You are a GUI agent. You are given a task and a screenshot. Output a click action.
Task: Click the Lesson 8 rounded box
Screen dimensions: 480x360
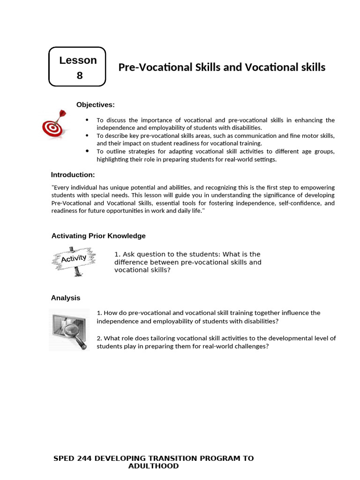[x=77, y=67]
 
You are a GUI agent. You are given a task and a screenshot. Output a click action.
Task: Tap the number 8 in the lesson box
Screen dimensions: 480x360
[x=79, y=75]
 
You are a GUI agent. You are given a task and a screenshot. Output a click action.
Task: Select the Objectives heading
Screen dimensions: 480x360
[x=95, y=105]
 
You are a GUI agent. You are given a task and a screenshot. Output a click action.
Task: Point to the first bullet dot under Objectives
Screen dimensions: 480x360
[x=88, y=120]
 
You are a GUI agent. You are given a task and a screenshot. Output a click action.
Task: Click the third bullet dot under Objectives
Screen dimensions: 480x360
[x=88, y=151]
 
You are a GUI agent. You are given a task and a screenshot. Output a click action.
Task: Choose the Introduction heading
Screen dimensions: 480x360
[x=73, y=175]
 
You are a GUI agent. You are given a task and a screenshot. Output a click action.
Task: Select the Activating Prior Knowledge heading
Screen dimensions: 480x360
[x=98, y=236]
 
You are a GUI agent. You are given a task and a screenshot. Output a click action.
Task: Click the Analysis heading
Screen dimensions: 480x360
[x=65, y=298]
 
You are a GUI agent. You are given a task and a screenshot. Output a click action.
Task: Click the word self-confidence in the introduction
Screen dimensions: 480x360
[x=294, y=203]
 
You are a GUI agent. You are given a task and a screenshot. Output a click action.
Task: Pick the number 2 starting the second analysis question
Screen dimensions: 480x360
[x=98, y=338]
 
